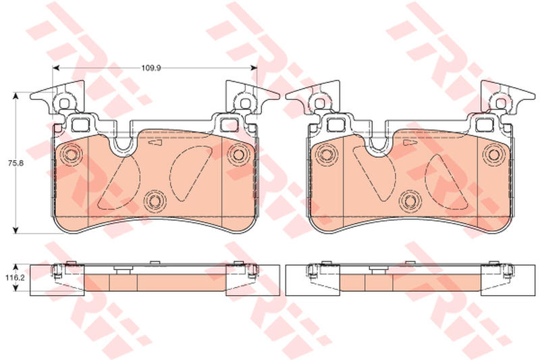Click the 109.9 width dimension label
tap(151, 68)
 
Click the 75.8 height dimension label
tap(16, 163)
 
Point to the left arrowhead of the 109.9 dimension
tap(56, 68)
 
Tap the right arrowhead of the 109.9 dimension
tap(254, 68)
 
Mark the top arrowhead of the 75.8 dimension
tap(15, 96)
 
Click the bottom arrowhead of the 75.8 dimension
tap(15, 230)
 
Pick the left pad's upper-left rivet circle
tap(70, 155)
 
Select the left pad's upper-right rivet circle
tap(238, 153)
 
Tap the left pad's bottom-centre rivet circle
tap(155, 201)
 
